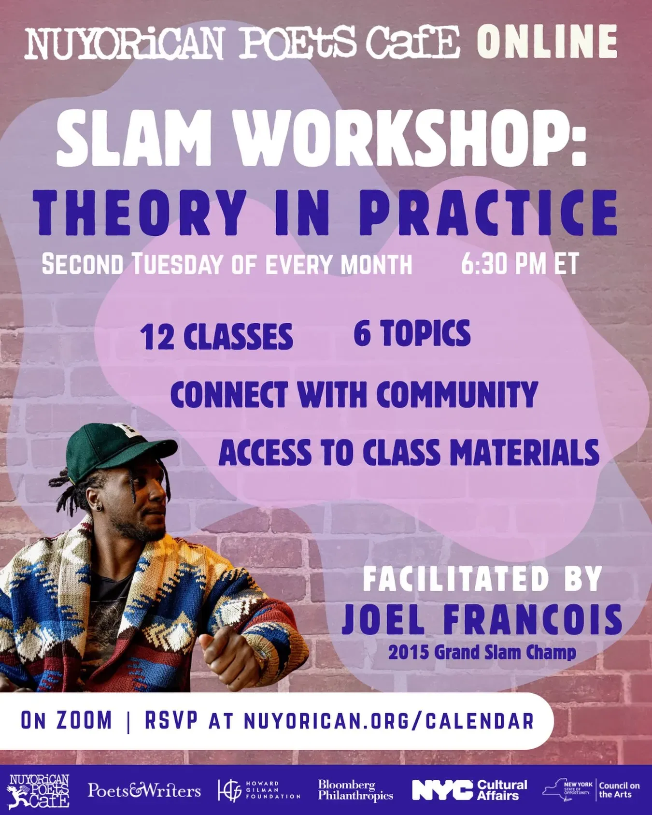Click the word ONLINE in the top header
pos(547,42)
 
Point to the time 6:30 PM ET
pos(520,264)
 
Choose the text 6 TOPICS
pos(412,333)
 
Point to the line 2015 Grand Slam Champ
pos(482,653)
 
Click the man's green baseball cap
pos(118,448)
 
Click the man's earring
pos(98,507)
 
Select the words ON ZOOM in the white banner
pos(66,721)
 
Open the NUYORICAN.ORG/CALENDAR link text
pos(389,721)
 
